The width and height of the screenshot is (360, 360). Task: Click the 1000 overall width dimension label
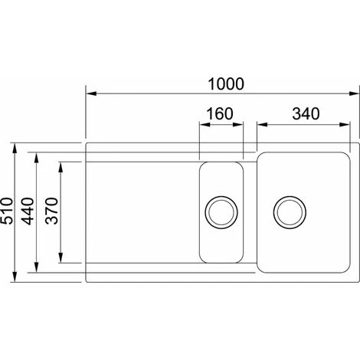pyautogui.click(x=226, y=84)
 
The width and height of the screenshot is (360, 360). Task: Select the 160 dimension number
pyautogui.click(x=220, y=114)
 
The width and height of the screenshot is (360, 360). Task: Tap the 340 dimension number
pyautogui.click(x=306, y=114)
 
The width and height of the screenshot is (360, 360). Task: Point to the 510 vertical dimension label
pyautogui.click(x=7, y=211)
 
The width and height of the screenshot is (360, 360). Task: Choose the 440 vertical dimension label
pyautogui.click(x=28, y=211)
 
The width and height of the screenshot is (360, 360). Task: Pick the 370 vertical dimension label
pyautogui.click(x=52, y=211)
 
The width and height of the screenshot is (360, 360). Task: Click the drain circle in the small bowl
pyautogui.click(x=221, y=212)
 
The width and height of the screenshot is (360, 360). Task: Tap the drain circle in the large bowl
pyautogui.click(x=290, y=212)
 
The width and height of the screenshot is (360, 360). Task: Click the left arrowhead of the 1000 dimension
pyautogui.click(x=91, y=93)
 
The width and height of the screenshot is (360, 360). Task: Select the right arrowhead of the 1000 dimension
pyautogui.click(x=354, y=93)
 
